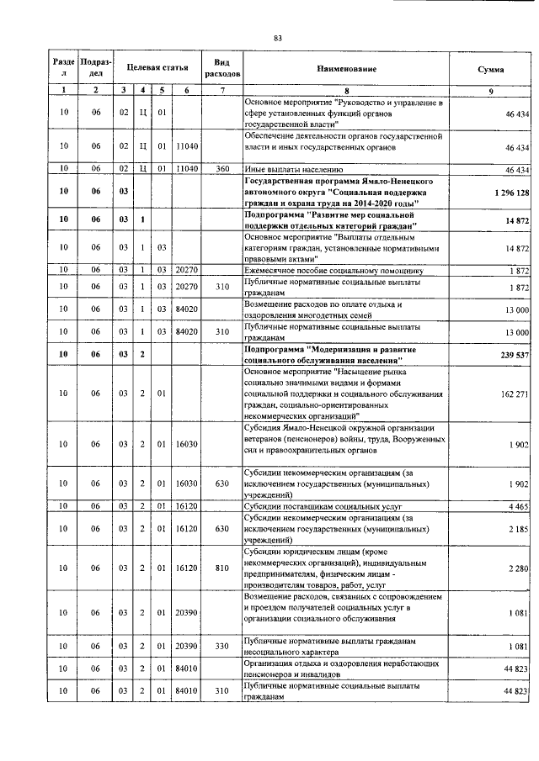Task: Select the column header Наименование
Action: coord(346,68)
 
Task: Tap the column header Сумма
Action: coord(491,68)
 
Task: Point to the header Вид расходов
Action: coord(222,68)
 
